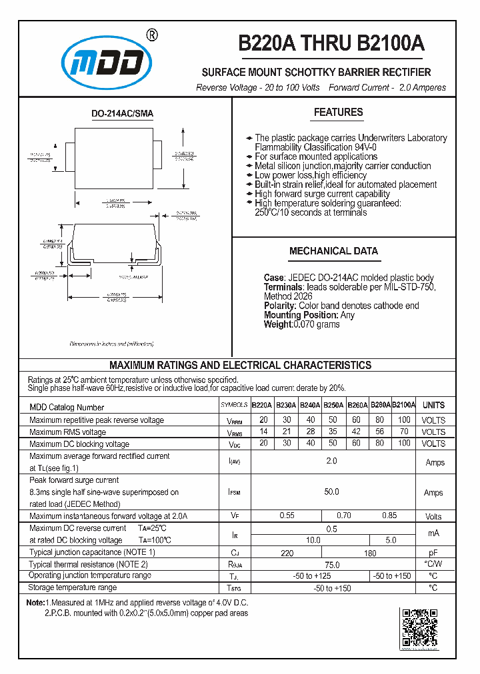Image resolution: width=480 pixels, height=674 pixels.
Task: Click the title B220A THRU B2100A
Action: pos(331,43)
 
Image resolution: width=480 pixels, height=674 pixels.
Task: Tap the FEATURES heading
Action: pos(338,113)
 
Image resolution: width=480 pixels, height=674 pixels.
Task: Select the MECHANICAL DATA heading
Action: pos(333,251)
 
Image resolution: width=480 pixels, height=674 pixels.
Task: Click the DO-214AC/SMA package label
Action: pos(122,114)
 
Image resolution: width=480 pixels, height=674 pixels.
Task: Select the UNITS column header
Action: pos(433,405)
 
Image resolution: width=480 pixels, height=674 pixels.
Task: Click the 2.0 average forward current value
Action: pos(331,461)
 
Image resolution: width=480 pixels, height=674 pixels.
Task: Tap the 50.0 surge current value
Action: pos(331,492)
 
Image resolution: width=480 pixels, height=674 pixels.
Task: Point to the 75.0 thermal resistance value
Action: pos(331,564)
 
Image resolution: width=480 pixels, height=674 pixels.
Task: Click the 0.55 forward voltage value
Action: pos(287,515)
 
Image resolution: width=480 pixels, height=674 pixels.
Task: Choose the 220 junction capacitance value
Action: pos(287,553)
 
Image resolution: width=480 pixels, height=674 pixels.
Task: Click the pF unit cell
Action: pos(433,553)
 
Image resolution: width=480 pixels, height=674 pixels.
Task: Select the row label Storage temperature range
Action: pos(72,587)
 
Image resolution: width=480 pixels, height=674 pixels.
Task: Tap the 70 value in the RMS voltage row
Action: pos(403,432)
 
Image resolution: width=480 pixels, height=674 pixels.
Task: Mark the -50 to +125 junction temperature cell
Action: pos(311,575)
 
